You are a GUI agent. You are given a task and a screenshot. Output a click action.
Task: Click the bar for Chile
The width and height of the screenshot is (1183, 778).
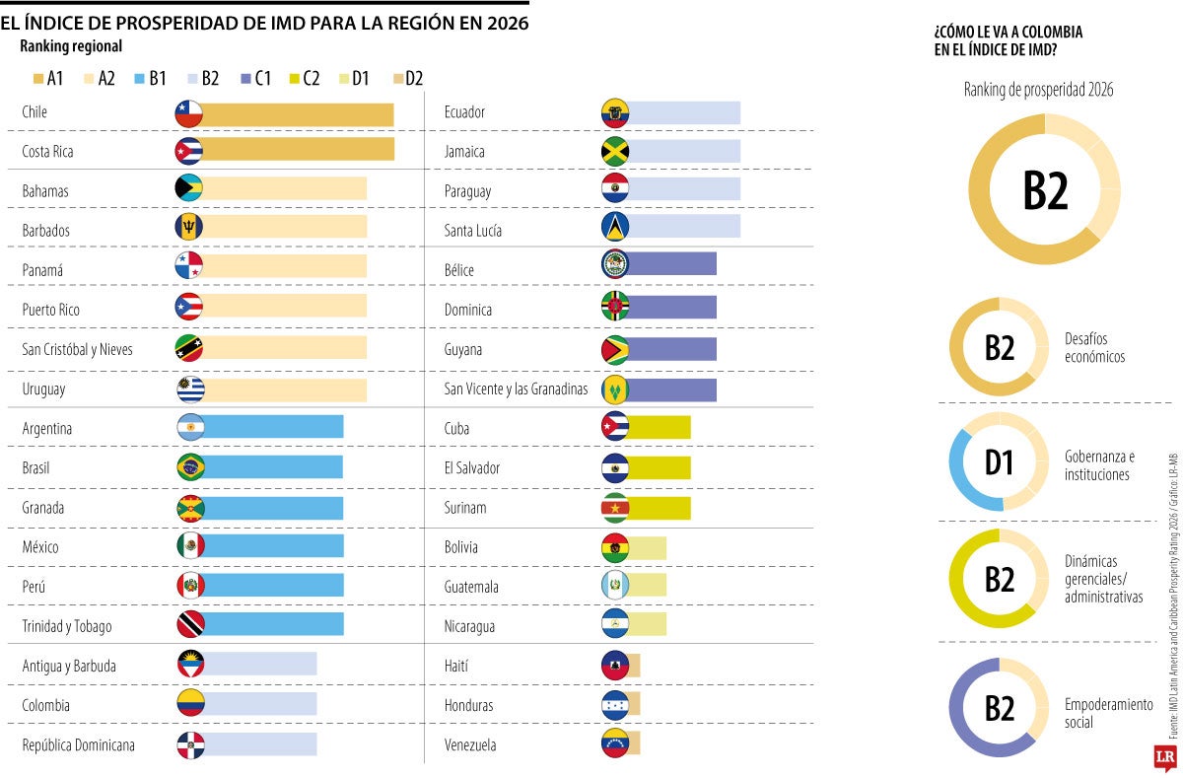click(x=297, y=114)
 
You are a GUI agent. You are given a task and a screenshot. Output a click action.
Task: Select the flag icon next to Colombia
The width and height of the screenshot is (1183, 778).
click(x=190, y=703)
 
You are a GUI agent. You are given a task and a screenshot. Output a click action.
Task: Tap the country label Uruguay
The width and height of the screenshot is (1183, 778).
click(x=44, y=389)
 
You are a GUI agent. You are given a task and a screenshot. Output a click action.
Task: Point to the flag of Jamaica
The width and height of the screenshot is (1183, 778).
click(x=615, y=151)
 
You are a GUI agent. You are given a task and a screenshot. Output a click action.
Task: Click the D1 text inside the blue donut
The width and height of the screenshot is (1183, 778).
click(x=1000, y=462)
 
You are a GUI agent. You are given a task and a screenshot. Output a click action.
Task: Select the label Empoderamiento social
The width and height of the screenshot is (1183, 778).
click(x=1108, y=713)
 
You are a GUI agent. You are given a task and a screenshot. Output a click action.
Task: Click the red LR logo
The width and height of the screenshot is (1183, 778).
click(x=1165, y=757)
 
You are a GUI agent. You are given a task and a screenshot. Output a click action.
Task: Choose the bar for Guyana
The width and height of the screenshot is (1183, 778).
click(x=671, y=349)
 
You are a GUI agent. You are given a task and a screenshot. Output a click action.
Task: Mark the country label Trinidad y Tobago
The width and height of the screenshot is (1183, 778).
click(x=67, y=626)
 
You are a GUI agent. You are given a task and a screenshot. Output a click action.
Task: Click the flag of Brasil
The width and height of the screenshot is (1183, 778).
click(x=190, y=466)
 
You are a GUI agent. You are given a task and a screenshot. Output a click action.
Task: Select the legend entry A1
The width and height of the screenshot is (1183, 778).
click(x=49, y=78)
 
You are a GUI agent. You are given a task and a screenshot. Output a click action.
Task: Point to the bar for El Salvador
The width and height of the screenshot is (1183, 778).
click(x=659, y=467)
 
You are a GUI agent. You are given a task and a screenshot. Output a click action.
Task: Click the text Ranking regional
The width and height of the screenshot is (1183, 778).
click(x=71, y=45)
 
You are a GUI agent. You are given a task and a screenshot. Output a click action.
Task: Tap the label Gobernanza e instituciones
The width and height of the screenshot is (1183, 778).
click(x=1099, y=465)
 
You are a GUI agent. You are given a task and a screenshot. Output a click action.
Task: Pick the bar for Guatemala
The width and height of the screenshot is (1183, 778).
click(x=647, y=585)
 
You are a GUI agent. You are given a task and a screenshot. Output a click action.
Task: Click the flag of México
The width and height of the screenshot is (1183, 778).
click(x=190, y=545)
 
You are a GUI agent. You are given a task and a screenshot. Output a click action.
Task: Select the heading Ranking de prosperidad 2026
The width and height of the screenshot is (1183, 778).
click(x=1038, y=90)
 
